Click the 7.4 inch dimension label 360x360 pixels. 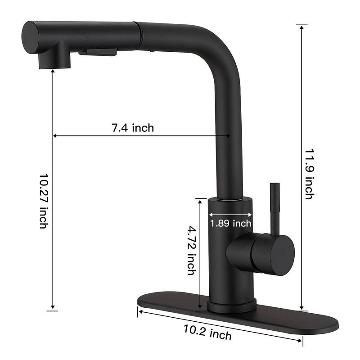(x=133, y=128)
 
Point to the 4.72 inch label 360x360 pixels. (x=191, y=250)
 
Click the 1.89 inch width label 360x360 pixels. (x=230, y=223)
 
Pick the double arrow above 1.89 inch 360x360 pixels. (x=230, y=214)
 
